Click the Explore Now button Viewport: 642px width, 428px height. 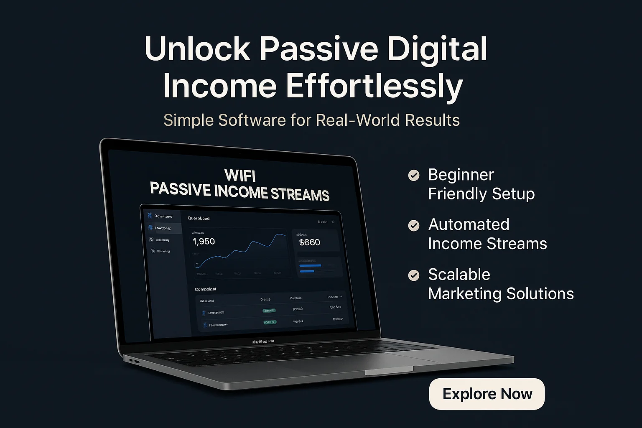487,394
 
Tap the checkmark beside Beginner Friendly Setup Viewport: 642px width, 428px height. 414,175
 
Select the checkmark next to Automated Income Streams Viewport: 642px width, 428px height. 414,226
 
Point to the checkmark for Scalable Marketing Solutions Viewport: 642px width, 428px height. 414,275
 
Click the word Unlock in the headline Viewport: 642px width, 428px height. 197,49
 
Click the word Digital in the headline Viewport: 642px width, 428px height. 437,49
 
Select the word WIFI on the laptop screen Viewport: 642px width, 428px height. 240,175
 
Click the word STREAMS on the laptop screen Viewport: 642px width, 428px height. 300,194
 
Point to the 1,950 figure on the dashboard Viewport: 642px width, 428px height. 204,242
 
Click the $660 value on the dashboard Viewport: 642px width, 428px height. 310,242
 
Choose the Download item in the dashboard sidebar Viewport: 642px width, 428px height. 163,216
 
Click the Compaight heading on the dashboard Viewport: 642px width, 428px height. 205,289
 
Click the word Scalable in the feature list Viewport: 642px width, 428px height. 459,275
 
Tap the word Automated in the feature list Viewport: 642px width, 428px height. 469,224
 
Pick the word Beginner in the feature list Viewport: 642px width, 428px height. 461,175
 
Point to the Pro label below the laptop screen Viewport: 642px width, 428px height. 271,341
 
